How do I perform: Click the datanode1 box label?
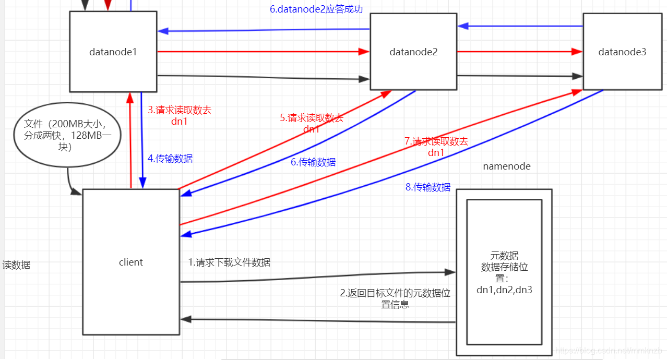tap(113, 52)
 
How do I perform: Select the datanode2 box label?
tap(413, 52)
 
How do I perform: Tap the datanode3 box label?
tap(622, 52)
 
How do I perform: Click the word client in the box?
tap(130, 262)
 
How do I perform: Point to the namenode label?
tap(506, 166)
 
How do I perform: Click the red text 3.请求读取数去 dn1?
tap(179, 116)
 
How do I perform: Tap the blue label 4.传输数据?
tap(170, 159)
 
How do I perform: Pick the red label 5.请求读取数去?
tap(312, 118)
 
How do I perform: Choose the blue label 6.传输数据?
tap(313, 162)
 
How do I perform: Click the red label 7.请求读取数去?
tap(436, 141)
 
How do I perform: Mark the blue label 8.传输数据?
tap(428, 187)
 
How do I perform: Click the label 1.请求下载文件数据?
tap(229, 262)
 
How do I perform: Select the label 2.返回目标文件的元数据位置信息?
tap(395, 298)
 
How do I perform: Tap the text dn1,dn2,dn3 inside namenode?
tap(504, 290)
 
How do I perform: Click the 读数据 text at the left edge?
tap(16, 265)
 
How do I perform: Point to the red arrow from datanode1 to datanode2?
tap(261, 52)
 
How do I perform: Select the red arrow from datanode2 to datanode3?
tap(519, 52)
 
